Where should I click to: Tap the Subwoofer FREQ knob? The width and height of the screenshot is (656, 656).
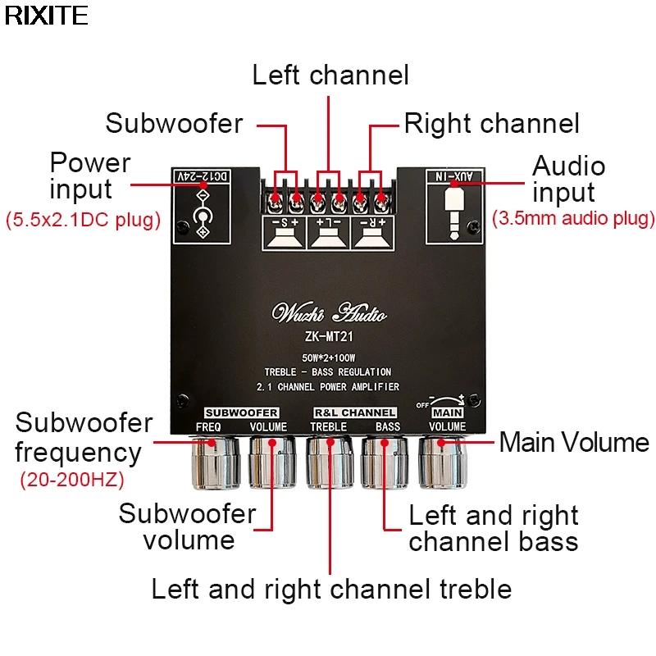pos(214,462)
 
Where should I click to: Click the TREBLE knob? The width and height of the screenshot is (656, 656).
pos(330,462)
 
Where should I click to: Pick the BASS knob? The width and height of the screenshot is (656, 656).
pos(385,462)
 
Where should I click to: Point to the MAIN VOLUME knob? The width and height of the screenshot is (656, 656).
pos(444,462)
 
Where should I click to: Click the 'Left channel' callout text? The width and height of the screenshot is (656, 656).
pos(330,75)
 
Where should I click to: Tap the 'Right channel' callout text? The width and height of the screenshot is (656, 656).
pos(491,124)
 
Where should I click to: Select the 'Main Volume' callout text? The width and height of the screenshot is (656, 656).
pos(574,443)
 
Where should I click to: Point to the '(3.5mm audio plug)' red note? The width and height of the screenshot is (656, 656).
pos(573,218)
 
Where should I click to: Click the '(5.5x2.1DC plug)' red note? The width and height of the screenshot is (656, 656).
pos(83,220)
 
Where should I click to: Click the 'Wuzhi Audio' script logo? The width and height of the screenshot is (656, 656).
pos(329,313)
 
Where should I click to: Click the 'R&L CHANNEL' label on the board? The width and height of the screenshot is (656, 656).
pos(355,412)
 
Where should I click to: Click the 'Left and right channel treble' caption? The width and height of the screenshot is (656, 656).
pos(331,589)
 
